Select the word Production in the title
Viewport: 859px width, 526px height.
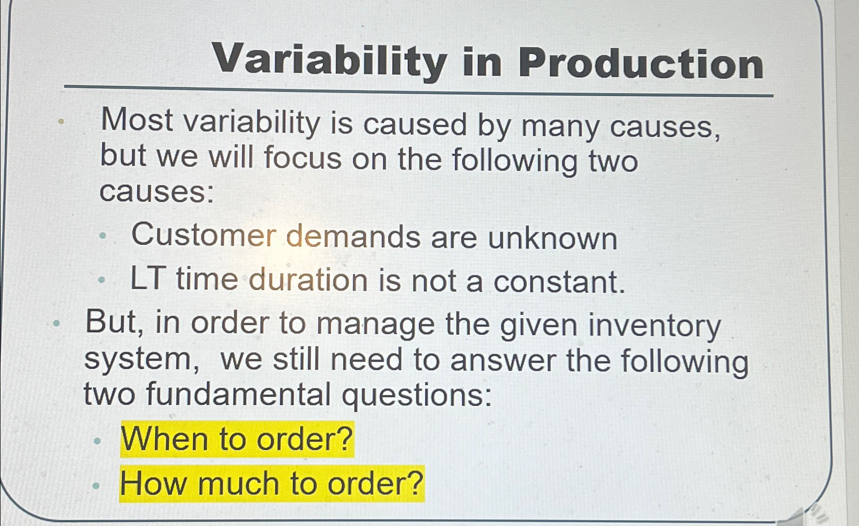(x=641, y=64)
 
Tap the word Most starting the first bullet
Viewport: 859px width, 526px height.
(x=137, y=120)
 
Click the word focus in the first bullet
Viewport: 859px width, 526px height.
(x=303, y=157)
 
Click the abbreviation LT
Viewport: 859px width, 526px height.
(x=148, y=279)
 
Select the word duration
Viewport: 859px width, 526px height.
(x=308, y=281)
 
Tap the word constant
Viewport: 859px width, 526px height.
(x=559, y=282)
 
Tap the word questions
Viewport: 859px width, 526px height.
(x=417, y=396)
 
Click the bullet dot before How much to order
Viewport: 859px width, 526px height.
(x=96, y=484)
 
